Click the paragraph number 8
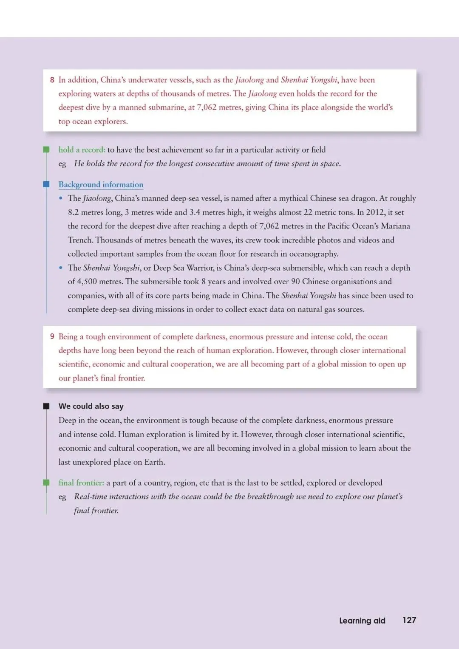tap(52, 80)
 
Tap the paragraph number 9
tap(52, 336)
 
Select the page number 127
tap(409, 620)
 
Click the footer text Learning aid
tap(362, 621)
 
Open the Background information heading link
tap(101, 184)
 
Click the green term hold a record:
tap(82, 150)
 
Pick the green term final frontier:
tap(81, 483)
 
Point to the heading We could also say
tap(91, 406)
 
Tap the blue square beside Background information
tap(46, 184)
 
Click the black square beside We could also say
tap(46, 406)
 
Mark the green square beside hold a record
tap(46, 150)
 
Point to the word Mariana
tap(395, 226)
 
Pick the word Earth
tap(154, 462)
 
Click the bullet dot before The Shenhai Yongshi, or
tap(61, 268)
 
